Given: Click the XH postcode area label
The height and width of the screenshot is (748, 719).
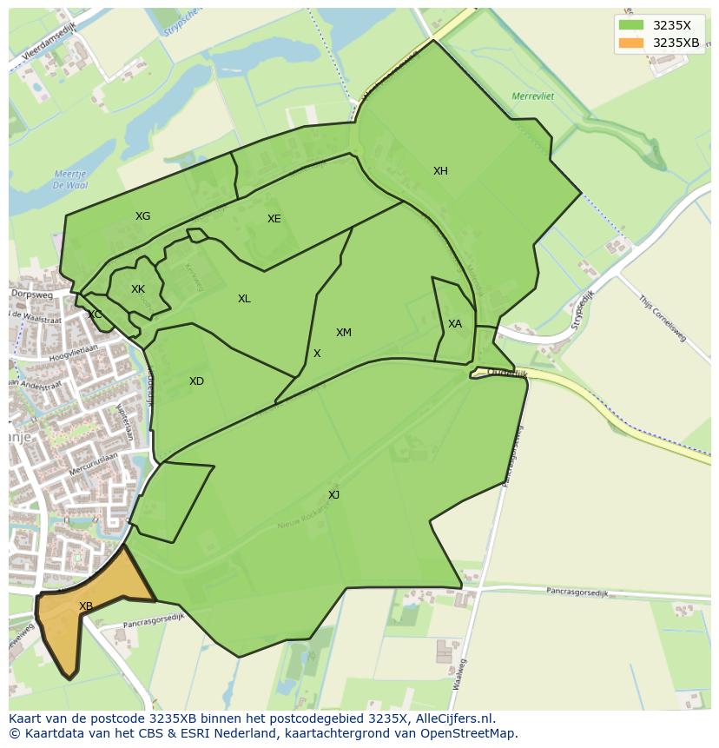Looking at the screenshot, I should (440, 171).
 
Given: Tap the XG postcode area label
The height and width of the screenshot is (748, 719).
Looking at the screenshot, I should (142, 216).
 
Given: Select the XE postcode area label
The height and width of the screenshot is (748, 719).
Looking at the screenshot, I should (274, 219).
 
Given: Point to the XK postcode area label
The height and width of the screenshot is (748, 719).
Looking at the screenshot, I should (138, 289).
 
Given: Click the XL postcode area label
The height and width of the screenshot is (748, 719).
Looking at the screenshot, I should (244, 299).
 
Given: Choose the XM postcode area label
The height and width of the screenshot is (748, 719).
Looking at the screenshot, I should (344, 333).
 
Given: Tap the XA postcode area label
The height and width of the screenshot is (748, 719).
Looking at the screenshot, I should (455, 324).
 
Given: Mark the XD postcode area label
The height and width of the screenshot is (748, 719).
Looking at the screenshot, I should (196, 381).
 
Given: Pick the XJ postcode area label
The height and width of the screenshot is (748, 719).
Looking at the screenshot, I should (333, 495).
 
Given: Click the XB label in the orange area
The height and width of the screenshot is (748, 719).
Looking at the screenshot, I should (86, 606).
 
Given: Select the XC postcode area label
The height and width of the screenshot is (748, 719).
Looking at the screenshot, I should (95, 314).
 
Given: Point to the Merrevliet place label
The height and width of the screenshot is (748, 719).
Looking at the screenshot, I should (533, 96).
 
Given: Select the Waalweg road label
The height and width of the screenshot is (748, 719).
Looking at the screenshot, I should (459, 674).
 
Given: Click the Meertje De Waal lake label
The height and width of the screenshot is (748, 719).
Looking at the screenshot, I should (69, 180).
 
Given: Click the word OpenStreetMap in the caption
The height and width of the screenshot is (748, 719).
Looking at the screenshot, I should (470, 732).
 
